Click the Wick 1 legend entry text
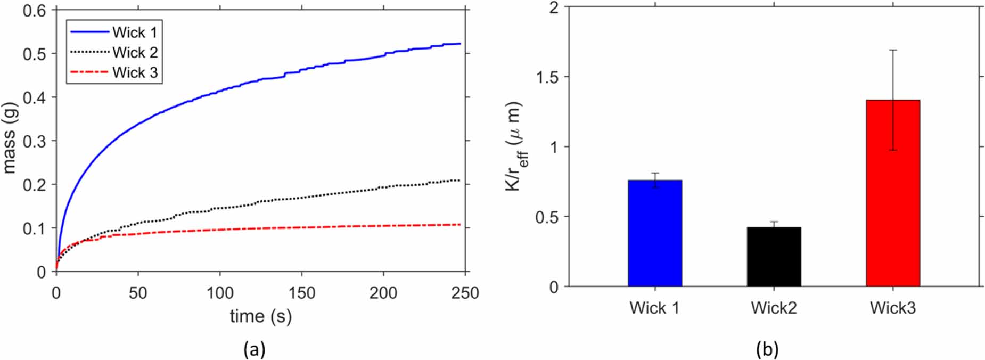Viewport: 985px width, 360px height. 135,32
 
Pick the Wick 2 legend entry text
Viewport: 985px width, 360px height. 135,53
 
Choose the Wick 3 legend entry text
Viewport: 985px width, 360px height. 135,72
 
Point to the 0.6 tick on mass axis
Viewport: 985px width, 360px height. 34,10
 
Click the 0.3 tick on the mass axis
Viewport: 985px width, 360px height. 34,141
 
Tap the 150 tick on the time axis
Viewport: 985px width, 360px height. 302,293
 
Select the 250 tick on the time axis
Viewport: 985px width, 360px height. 465,293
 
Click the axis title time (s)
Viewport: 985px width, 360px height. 260,316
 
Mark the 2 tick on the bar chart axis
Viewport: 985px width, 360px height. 554,7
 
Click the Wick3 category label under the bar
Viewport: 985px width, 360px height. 893,308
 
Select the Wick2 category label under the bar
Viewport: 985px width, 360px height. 774,308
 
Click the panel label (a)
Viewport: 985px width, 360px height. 254,349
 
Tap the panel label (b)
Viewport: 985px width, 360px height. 767,349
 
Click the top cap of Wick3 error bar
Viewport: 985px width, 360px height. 893,50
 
